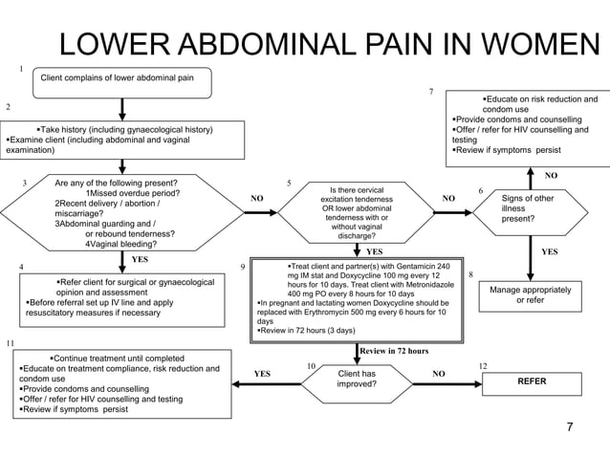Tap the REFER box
pos(531,381)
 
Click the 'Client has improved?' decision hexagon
pos(356,379)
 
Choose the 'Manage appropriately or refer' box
pos(531,294)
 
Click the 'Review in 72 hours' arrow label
pos(394,351)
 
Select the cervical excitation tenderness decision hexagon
pos(356,212)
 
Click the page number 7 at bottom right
pos(569,425)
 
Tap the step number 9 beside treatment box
pos(243,268)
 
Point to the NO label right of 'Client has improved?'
pos(439,374)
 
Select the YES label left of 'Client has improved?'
pos(262,374)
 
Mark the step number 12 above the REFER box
pos(483,366)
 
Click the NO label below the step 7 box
pos(550,176)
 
